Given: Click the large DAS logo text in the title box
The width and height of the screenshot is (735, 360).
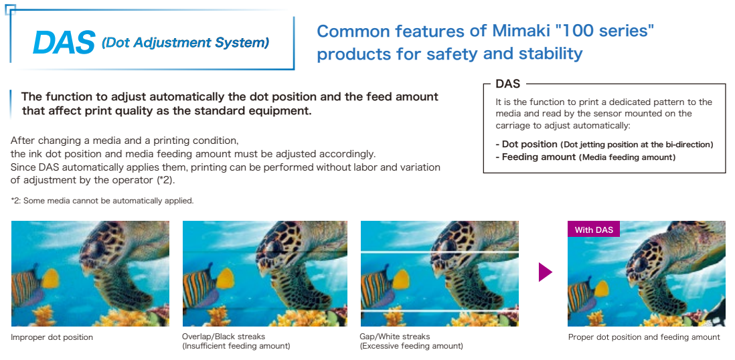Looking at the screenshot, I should coord(64,43).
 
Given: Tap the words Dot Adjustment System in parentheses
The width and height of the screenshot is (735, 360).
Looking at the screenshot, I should coord(185,43).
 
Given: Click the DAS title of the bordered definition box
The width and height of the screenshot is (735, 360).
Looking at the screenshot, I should coord(507,84).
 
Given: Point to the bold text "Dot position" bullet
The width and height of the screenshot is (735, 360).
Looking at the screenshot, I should coord(529,145).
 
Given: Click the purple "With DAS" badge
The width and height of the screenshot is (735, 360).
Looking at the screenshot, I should coord(594,230).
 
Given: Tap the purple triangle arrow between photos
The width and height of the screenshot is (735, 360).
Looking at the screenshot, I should coord(545,272).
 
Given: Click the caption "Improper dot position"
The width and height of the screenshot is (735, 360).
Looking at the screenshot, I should coord(52,337).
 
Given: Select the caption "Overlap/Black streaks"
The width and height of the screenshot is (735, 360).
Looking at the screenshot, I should coord(223,337).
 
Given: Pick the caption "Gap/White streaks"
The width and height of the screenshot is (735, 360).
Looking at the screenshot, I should coord(395,337).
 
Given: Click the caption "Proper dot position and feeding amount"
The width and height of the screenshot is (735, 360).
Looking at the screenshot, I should coord(644,337).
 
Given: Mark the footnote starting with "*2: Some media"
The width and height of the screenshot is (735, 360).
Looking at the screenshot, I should coord(102,201).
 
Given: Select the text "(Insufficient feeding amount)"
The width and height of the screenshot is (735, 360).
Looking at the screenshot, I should coord(236,347).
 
